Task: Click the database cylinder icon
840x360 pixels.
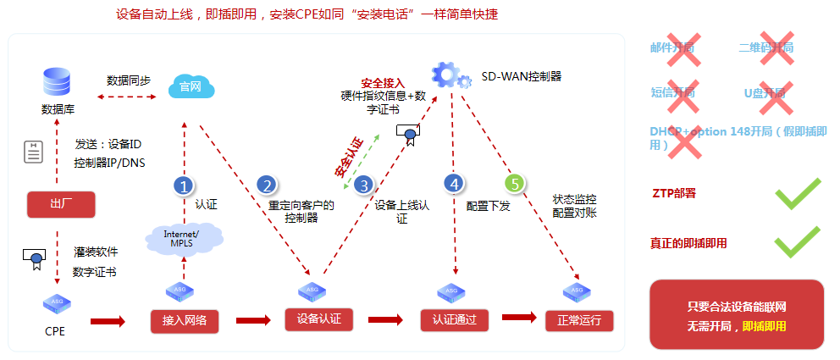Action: click(x=56, y=82)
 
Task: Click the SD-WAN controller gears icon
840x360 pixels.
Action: click(x=450, y=74)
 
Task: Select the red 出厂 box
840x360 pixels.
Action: click(x=59, y=204)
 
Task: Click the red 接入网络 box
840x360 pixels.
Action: click(x=184, y=320)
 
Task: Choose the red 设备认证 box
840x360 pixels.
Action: click(x=318, y=319)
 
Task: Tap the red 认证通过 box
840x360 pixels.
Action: click(x=455, y=320)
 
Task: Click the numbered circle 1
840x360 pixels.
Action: click(x=184, y=186)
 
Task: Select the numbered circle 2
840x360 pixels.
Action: click(x=267, y=186)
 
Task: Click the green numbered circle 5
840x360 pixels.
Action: click(x=515, y=183)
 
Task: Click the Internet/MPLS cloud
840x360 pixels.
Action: click(x=183, y=238)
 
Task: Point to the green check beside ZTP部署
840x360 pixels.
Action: click(x=798, y=193)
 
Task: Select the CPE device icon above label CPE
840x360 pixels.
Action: click(x=56, y=303)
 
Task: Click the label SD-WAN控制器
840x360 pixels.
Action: click(x=522, y=75)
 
